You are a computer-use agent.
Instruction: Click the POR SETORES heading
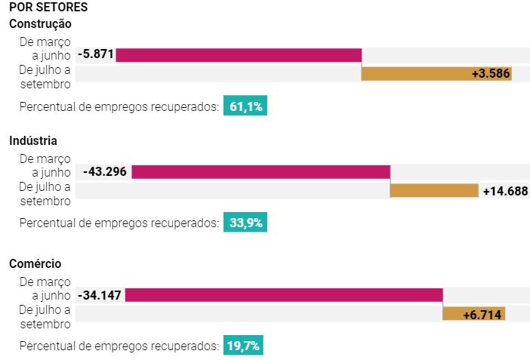(48, 8)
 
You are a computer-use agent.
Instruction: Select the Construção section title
(40, 23)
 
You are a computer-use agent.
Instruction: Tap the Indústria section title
(33, 140)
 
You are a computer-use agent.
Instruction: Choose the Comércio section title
(35, 263)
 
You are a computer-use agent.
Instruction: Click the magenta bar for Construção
(239, 55)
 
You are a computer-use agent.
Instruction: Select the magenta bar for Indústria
(260, 172)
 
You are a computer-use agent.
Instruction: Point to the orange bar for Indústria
(434, 190)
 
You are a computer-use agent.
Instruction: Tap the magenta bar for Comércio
(283, 295)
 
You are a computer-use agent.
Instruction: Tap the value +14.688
(505, 191)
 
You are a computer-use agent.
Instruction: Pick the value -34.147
(99, 295)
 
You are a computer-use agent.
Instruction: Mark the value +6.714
(482, 314)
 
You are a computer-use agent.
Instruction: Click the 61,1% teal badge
(245, 106)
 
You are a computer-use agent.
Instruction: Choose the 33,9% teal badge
(245, 223)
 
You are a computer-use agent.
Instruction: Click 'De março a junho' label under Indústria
(45, 165)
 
